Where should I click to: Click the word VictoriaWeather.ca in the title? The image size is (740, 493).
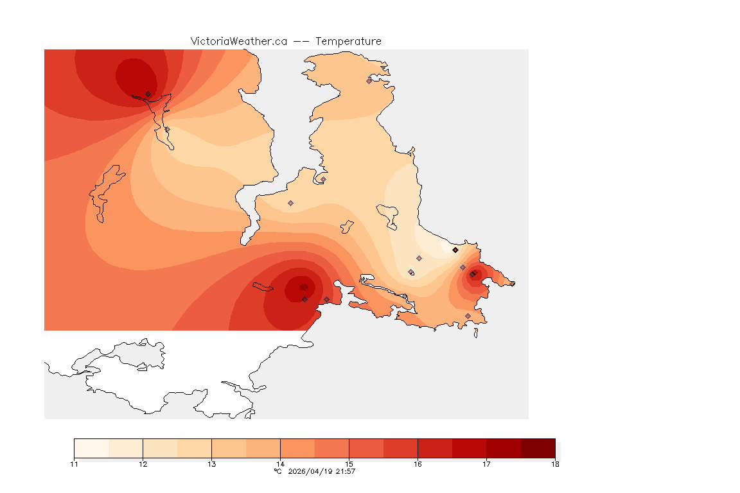(238, 41)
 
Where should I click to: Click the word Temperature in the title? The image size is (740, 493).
(348, 41)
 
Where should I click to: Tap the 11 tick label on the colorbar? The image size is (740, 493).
(74, 464)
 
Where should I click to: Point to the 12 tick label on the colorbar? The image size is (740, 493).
(143, 464)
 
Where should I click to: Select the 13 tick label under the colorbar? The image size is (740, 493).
(211, 464)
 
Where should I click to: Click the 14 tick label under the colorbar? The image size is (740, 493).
(280, 464)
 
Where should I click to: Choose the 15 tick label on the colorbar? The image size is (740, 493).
(349, 464)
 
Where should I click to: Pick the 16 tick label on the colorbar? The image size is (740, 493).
(418, 464)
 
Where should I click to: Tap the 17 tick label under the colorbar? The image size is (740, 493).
(486, 464)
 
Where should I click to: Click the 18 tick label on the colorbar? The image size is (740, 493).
(555, 464)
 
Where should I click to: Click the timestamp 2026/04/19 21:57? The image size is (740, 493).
(322, 472)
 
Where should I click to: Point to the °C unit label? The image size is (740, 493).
(277, 472)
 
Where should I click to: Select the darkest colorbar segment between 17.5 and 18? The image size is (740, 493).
(538, 448)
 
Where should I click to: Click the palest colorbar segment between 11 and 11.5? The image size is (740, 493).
(91, 448)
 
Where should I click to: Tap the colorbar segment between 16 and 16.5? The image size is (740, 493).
(435, 448)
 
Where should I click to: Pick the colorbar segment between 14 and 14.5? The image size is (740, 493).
(297, 448)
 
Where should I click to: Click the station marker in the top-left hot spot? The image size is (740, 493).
(148, 94)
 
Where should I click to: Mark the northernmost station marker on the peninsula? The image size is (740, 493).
(369, 81)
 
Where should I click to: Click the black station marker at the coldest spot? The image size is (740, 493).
(455, 250)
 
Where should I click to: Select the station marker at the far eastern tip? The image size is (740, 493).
(512, 283)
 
